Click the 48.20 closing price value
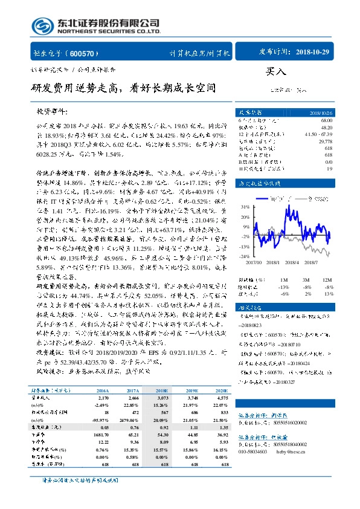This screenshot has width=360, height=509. click(326, 128)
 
